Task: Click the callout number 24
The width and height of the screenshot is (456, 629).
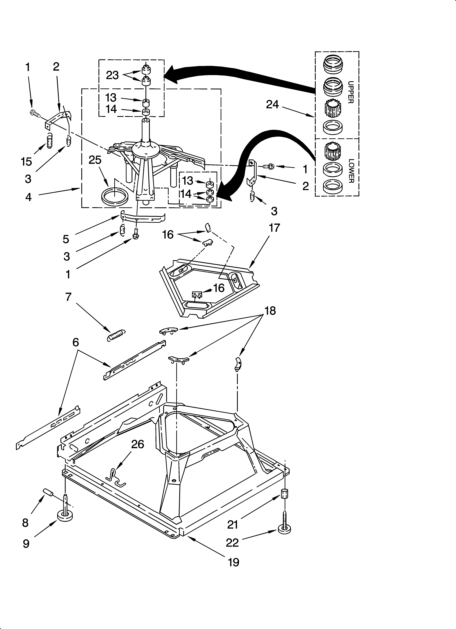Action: [x=272, y=104]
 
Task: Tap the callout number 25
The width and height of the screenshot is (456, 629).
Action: [x=95, y=160]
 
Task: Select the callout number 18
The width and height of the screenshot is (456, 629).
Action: [x=270, y=311]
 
